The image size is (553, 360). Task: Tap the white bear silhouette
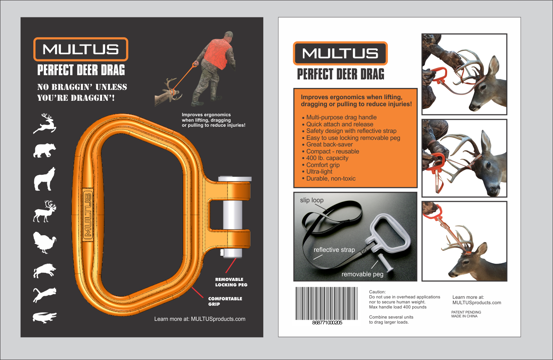tap(45, 150)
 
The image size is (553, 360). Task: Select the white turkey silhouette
tap(45, 242)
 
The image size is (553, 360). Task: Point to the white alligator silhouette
tap(45, 317)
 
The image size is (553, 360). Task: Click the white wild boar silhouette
tap(45, 271)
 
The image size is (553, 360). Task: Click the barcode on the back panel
tap(327, 303)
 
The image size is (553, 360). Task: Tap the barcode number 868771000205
tap(327, 323)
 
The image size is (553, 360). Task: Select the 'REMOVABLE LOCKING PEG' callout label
tap(231, 282)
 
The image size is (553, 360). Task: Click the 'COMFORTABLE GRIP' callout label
tap(225, 301)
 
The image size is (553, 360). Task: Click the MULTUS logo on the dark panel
tap(81, 49)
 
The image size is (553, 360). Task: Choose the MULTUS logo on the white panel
tap(340, 53)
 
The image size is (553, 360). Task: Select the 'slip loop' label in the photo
tap(311, 200)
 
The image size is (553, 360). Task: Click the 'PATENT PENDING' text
tap(466, 312)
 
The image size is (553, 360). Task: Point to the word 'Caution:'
tap(377, 292)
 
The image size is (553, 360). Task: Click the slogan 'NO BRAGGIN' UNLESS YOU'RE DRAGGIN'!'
tap(82, 93)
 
